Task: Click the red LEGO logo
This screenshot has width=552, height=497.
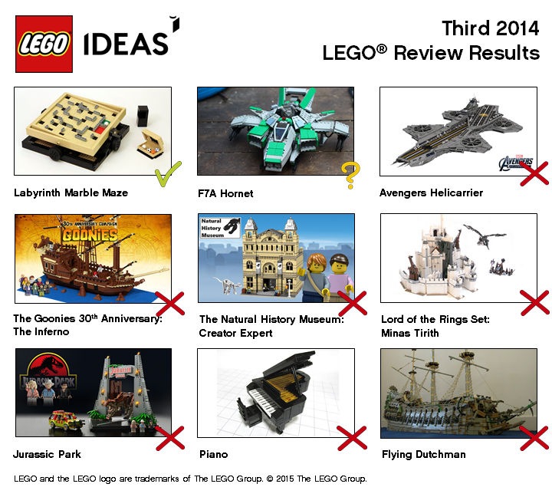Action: point(44,44)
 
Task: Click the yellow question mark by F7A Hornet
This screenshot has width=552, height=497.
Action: point(350,176)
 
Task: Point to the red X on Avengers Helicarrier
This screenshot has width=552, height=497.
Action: point(534,172)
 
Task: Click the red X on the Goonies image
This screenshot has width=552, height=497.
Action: point(170,303)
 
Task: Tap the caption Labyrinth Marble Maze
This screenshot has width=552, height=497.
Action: point(71,193)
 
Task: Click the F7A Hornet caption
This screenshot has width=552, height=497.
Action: point(225,193)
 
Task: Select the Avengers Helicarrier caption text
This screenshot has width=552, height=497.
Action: point(431,193)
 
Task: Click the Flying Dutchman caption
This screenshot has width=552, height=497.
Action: point(423,454)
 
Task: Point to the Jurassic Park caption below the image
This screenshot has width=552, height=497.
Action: point(47,454)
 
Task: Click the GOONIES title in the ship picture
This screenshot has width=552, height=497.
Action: point(92,234)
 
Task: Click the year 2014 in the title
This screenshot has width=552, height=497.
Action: point(513,28)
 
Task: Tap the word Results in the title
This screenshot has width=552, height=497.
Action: point(501,54)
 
